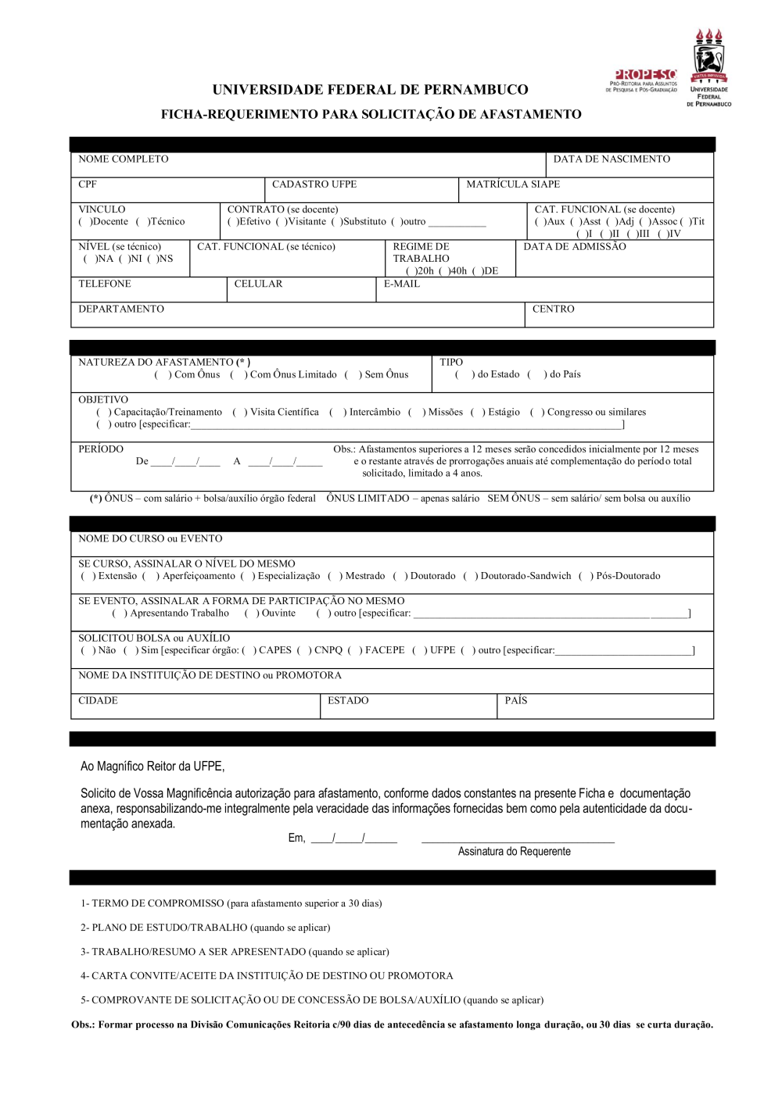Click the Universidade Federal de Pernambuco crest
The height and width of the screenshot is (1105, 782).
[x=708, y=67]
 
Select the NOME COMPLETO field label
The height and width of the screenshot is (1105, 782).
[x=123, y=159]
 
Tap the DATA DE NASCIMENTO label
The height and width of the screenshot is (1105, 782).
[x=611, y=159]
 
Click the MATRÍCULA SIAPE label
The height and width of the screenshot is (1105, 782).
[x=512, y=184]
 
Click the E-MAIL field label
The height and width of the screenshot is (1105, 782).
[x=401, y=284]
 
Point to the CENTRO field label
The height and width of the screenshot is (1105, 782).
[x=553, y=309]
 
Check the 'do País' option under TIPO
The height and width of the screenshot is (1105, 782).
[x=536, y=375]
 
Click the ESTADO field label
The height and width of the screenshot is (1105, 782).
[x=347, y=701]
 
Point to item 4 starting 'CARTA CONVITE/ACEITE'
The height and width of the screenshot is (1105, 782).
[x=267, y=976]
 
